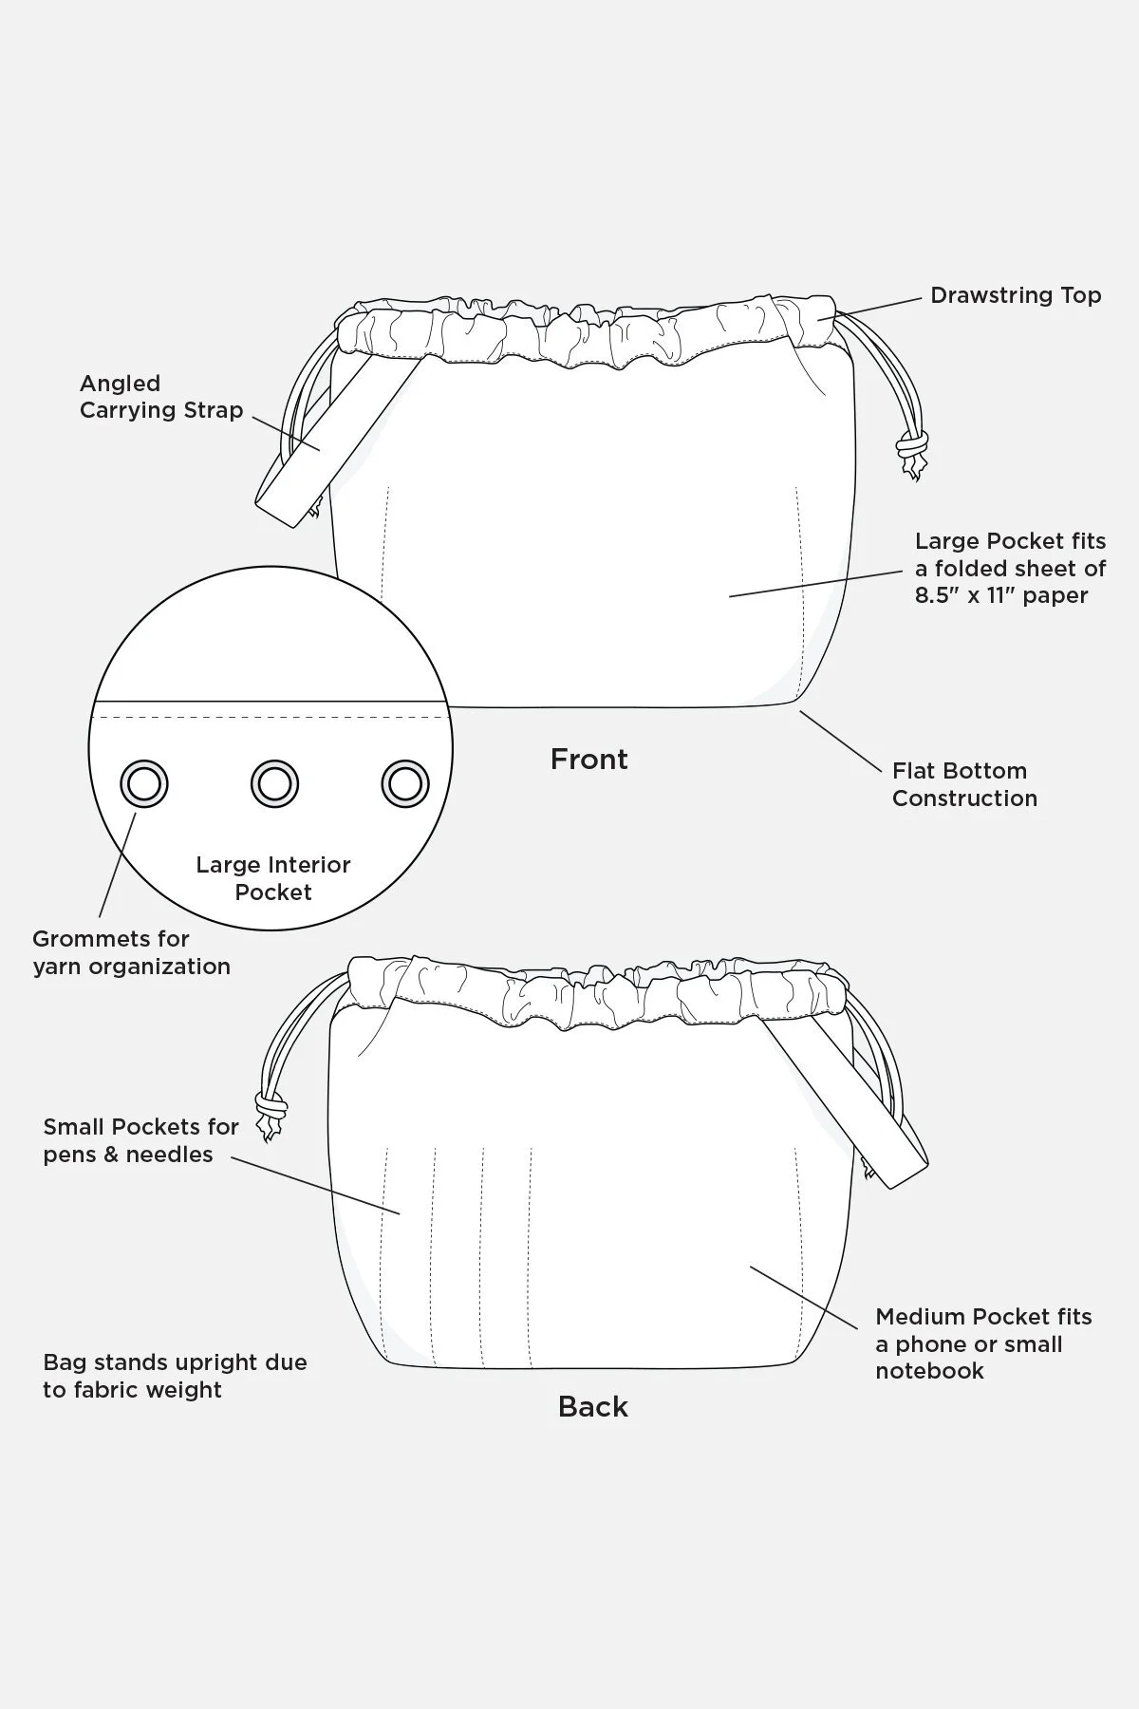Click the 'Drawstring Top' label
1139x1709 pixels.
1015,295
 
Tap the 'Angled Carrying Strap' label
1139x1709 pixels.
161,397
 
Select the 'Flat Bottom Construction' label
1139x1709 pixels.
963,784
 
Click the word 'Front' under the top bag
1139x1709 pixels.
588,760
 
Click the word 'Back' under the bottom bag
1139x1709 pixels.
592,1407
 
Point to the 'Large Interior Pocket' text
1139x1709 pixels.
273,878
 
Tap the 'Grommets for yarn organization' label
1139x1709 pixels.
131,952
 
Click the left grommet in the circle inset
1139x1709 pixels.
144,784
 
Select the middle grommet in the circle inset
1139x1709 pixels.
274,784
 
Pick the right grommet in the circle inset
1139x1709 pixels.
405,784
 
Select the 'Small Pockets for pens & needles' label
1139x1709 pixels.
140,1140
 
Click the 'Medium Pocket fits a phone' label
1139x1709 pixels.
982,1343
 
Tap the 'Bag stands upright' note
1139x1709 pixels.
175,1377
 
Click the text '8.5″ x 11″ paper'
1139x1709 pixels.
1000,596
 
